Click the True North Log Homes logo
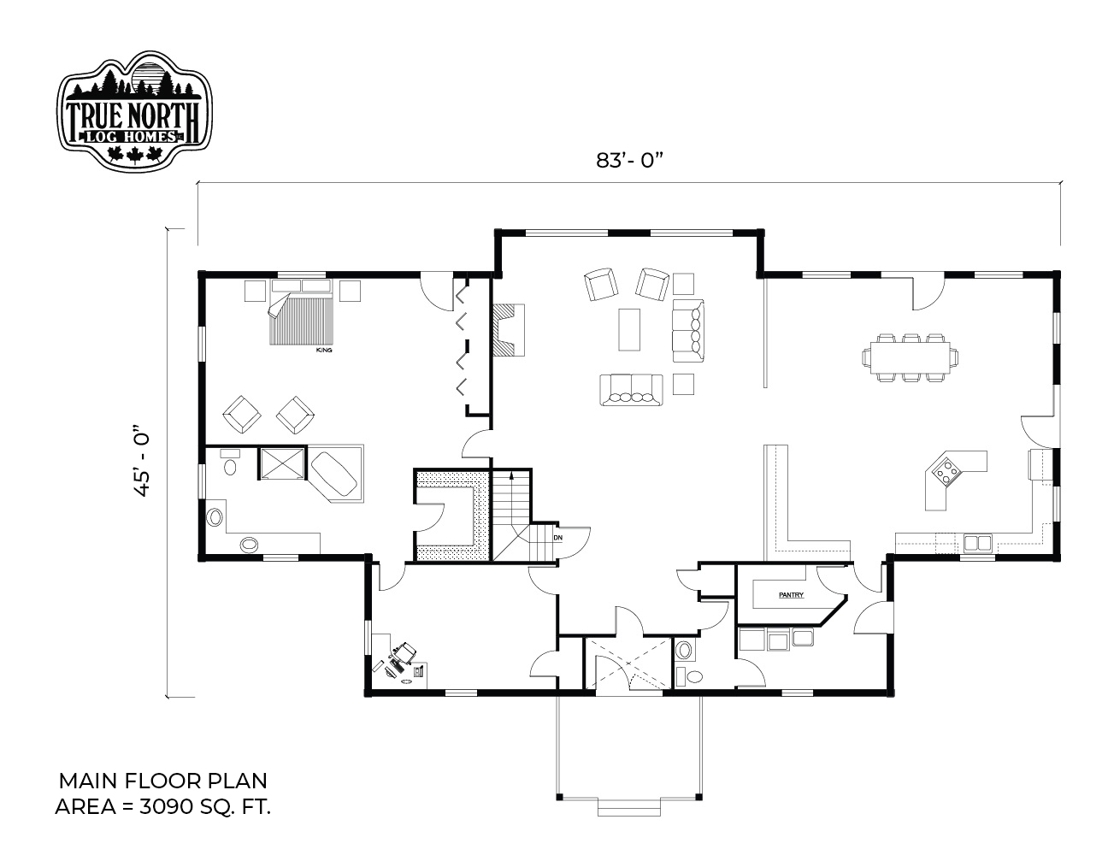134,110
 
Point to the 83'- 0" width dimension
629,160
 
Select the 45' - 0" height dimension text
141,460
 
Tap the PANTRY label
791,594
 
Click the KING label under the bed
324,351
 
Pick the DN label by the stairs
557,538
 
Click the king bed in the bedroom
301,312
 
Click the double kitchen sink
977,544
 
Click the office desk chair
406,652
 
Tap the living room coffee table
629,329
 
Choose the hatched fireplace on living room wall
509,330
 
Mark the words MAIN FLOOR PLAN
163,781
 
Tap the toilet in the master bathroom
230,463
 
